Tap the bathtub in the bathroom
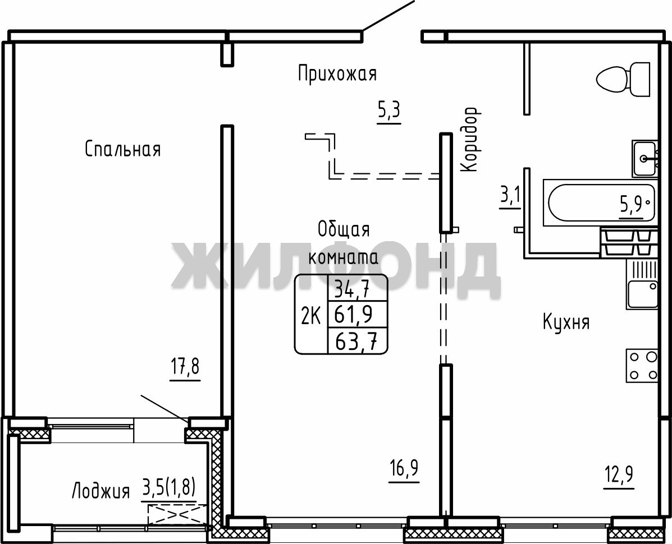pyautogui.click(x=600, y=203)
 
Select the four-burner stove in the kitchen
pyautogui.click(x=642, y=365)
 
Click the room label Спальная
pyautogui.click(x=122, y=149)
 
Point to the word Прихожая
pyautogui.click(x=337, y=73)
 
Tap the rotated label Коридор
pyautogui.click(x=470, y=140)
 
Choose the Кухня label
pyautogui.click(x=566, y=322)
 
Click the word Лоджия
pyautogui.click(x=100, y=491)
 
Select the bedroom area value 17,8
pyautogui.click(x=185, y=368)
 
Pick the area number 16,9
pyautogui.click(x=404, y=469)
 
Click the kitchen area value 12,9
pyautogui.click(x=619, y=475)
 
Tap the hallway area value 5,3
pyautogui.click(x=388, y=111)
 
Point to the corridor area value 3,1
pyautogui.click(x=510, y=197)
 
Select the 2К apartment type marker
pyautogui.click(x=310, y=317)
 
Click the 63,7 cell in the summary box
pyautogui.click(x=356, y=341)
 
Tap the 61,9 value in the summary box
pyautogui.click(x=354, y=315)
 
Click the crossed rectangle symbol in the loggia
pyautogui.click(x=177, y=514)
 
